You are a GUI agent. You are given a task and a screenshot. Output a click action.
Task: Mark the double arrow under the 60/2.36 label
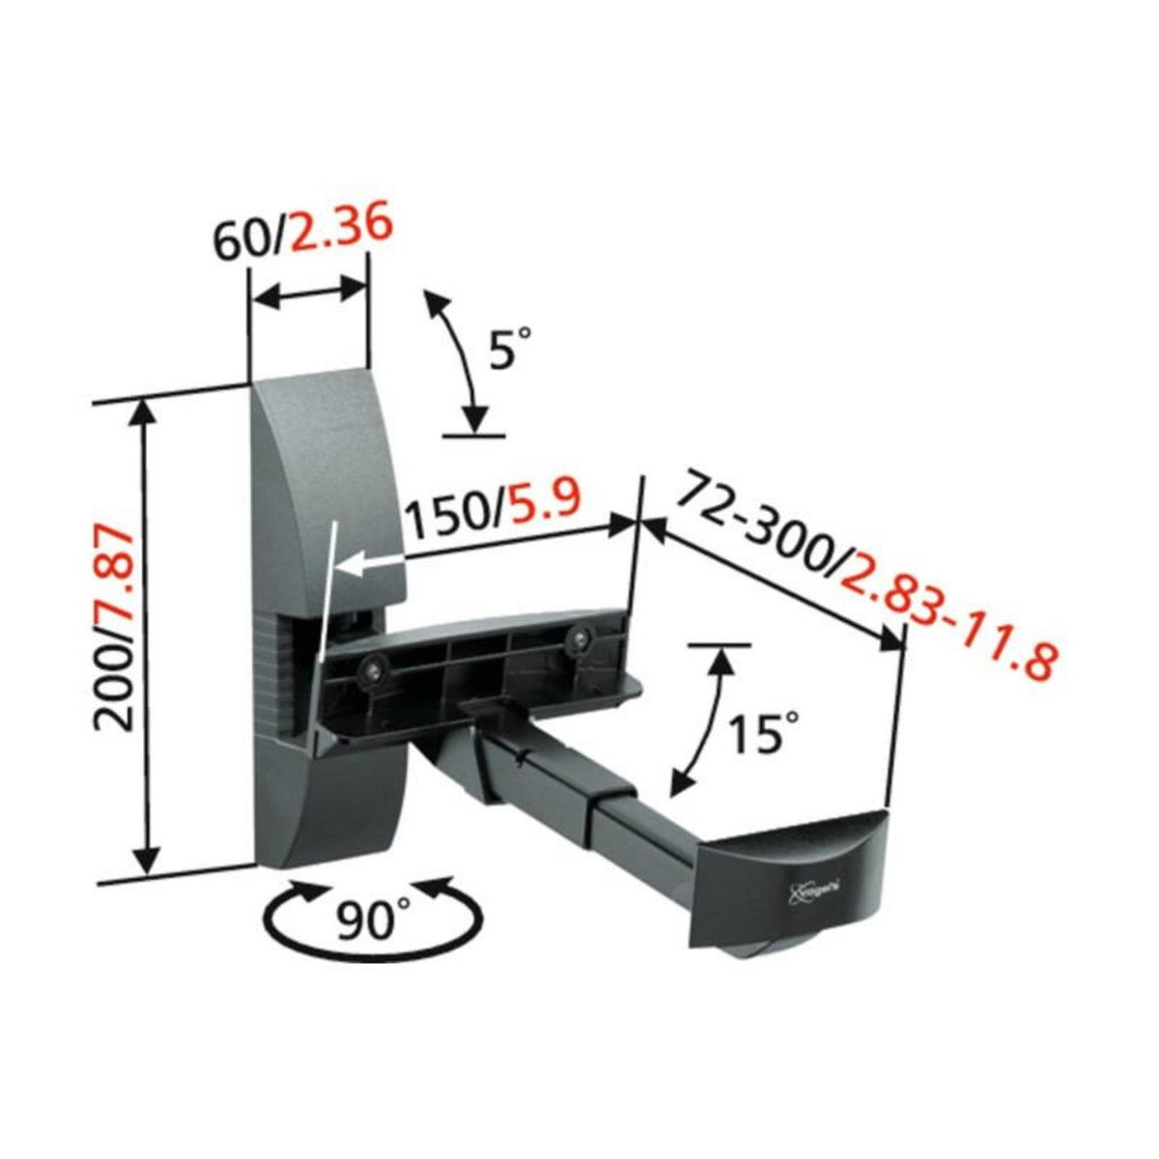(x=309, y=297)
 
